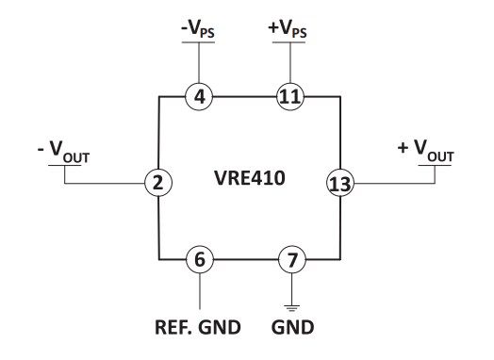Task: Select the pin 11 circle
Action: (x=288, y=95)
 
